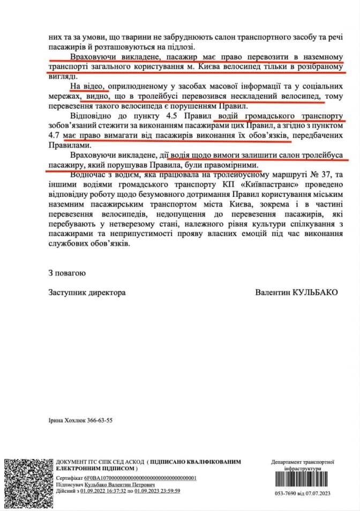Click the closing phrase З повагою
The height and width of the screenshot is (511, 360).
(66, 273)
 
